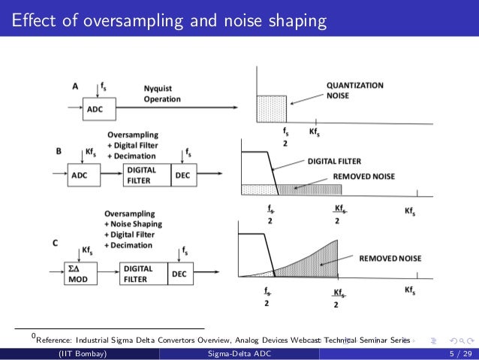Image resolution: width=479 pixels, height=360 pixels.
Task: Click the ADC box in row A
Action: coord(95,108)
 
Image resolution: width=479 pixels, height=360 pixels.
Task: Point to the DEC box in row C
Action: coord(179,274)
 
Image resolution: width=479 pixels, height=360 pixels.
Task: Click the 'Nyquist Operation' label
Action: coord(162,93)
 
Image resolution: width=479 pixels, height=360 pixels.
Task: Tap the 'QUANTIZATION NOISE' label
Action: coord(354,90)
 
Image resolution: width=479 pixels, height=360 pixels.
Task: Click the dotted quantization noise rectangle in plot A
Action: coord(271,108)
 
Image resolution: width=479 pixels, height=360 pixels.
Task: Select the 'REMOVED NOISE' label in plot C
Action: coord(390,259)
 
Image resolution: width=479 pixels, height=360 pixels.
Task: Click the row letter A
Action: coord(74,86)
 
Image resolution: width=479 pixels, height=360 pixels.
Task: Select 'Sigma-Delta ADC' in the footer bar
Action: coord(239,353)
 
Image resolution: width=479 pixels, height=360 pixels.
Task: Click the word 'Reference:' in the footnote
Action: coord(58,340)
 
